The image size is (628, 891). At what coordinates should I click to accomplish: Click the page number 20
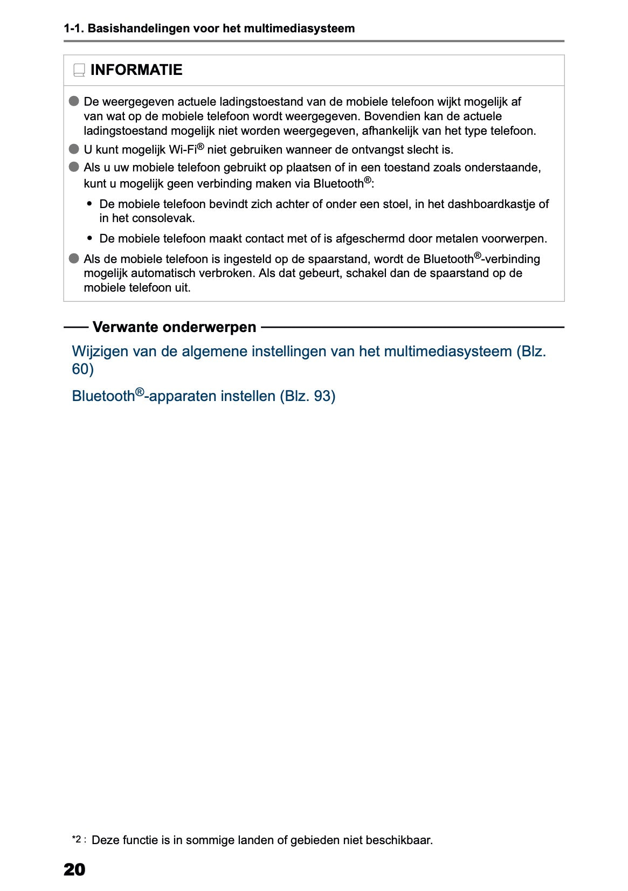pyautogui.click(x=74, y=869)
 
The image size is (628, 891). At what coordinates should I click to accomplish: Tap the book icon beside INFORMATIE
pyautogui.click(x=79, y=70)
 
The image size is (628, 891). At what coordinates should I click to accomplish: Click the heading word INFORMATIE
pyautogui.click(x=136, y=70)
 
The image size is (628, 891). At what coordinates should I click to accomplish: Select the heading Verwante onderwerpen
pyautogui.click(x=174, y=327)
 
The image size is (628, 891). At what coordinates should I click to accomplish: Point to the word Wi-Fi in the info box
pyautogui.click(x=183, y=150)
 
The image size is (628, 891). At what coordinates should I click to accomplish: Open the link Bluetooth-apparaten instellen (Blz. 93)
pyautogui.click(x=203, y=396)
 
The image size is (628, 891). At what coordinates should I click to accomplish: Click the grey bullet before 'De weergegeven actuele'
pyautogui.click(x=74, y=101)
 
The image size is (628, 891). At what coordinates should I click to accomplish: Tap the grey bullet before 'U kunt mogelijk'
pyautogui.click(x=74, y=149)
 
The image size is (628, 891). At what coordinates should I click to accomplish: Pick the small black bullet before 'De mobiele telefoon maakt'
pyautogui.click(x=89, y=238)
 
